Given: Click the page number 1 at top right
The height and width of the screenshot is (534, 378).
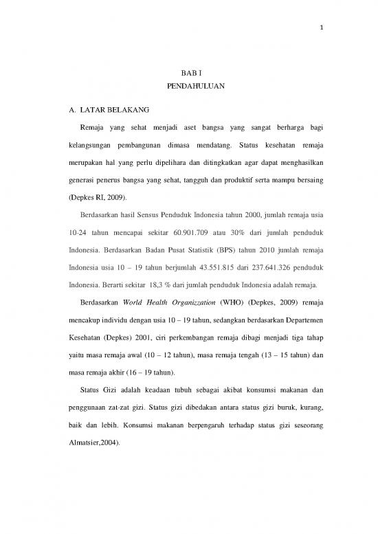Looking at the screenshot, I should (321, 29).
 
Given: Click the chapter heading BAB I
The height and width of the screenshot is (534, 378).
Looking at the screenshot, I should (187, 72).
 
